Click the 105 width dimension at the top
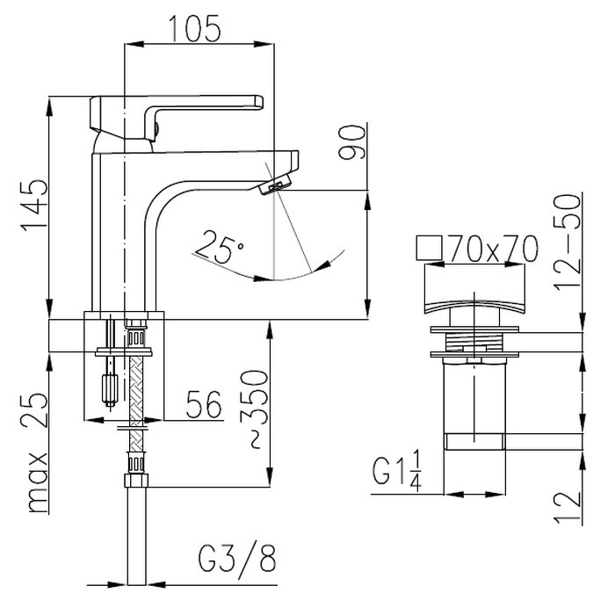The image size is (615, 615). tap(194, 28)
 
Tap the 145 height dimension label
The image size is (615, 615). tap(34, 205)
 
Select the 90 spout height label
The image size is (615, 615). tap(351, 141)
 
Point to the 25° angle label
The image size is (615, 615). tap(219, 247)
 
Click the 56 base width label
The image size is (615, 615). tap(204, 404)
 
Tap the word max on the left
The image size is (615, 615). tap(38, 482)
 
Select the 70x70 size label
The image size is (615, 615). tap(494, 249)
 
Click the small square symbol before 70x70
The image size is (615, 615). tap(429, 248)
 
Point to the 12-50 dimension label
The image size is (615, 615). tap(567, 242)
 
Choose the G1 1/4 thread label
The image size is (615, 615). tap(397, 471)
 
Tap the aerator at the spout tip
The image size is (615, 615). tap(275, 184)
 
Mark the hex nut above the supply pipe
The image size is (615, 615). tap(136, 480)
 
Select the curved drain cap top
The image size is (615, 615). tap(474, 289)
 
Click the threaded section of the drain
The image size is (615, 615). tap(474, 342)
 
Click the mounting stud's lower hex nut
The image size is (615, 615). tap(110, 389)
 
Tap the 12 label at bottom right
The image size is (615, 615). tap(568, 506)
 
